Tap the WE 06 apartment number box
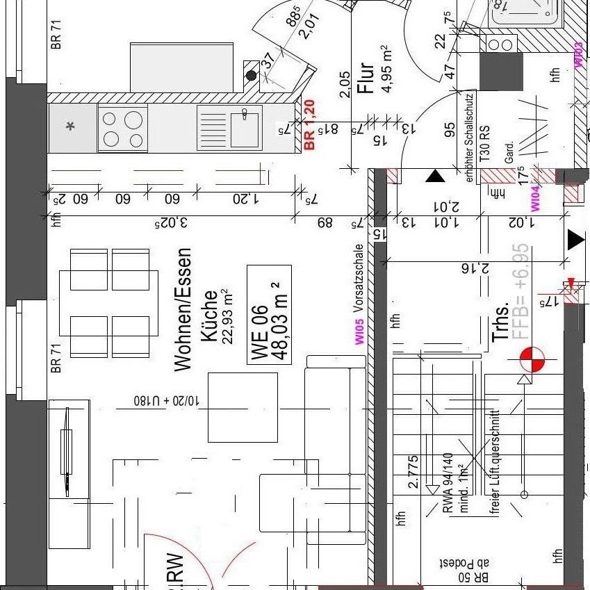269,315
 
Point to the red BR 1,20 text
310,124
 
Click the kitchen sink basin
245,129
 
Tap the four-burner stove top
122,128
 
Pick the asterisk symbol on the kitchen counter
70,126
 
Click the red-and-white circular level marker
533,360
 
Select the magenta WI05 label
359,332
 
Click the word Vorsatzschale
359,278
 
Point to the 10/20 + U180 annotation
167,402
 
